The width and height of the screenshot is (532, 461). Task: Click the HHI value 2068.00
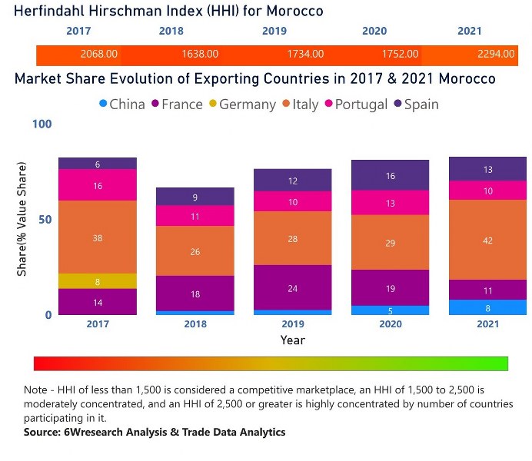pos(99,55)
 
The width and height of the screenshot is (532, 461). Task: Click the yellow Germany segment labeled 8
pos(98,281)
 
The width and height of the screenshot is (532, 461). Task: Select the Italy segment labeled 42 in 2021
pos(487,240)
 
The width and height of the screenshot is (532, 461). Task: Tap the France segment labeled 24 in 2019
pos(293,287)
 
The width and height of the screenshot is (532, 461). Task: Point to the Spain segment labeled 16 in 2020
pos(390,176)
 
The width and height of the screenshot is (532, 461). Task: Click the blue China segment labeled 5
pos(390,310)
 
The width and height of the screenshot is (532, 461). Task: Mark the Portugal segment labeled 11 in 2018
pos(195,216)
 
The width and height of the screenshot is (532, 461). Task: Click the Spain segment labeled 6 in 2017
pos(98,164)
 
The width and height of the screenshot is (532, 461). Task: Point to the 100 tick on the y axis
pos(42,124)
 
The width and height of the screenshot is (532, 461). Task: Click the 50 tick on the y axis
pos(46,219)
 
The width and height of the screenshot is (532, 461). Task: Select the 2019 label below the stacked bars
pos(293,324)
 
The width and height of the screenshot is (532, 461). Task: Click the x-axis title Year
pos(293,340)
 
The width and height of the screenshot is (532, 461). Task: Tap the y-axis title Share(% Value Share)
pos(22,219)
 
